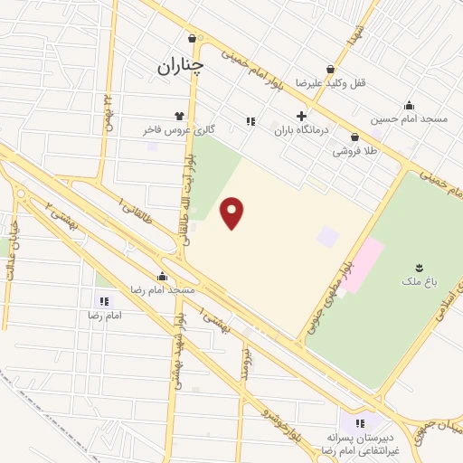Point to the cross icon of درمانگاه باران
pos(302,116)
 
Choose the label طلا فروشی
pos(354,151)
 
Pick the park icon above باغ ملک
pos(418,267)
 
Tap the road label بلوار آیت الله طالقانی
pos(191,193)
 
